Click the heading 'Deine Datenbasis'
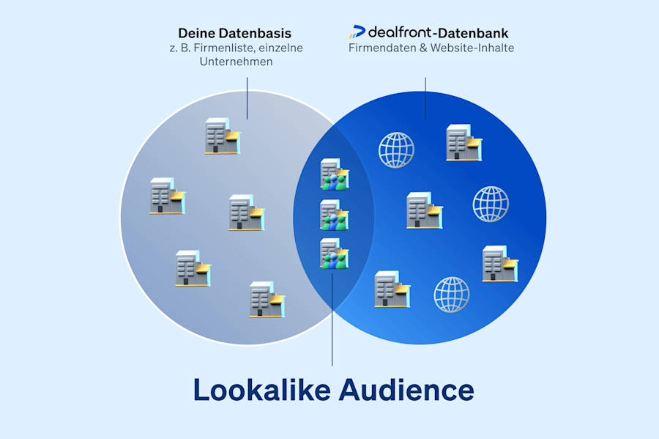coord(234,33)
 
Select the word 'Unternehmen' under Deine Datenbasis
coord(236,62)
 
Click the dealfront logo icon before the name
coord(357,32)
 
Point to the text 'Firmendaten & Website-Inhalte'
coord(431,48)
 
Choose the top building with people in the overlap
coord(335,175)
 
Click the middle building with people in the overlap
coord(335,215)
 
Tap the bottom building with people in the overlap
coord(335,254)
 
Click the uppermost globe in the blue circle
coord(396,150)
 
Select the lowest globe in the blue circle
coord(452,295)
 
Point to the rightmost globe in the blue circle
coord(491,204)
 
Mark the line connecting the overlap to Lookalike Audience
coord(332,322)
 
